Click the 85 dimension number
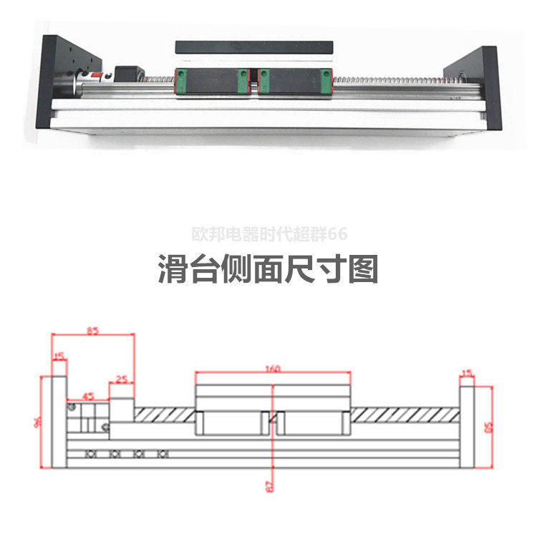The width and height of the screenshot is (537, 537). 93,331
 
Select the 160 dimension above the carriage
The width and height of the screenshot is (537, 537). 272,369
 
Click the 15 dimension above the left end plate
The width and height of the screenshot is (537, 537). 59,354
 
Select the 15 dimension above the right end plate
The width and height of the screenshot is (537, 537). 468,372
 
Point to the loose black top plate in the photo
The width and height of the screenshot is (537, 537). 254,47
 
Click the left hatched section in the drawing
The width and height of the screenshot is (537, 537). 165,415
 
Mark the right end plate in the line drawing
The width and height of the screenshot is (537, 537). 467,426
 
